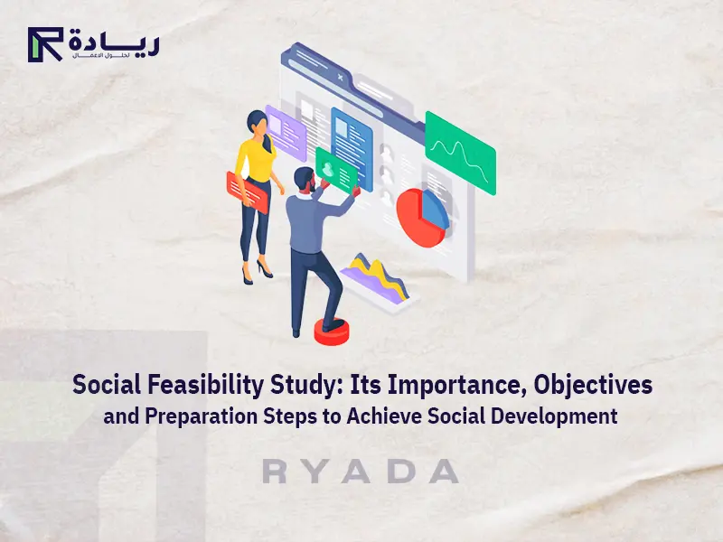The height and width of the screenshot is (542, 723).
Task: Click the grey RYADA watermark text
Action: [x=361, y=472]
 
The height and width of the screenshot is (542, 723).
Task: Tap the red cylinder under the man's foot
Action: [x=332, y=331]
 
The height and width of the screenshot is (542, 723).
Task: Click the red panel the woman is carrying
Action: [x=247, y=192]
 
